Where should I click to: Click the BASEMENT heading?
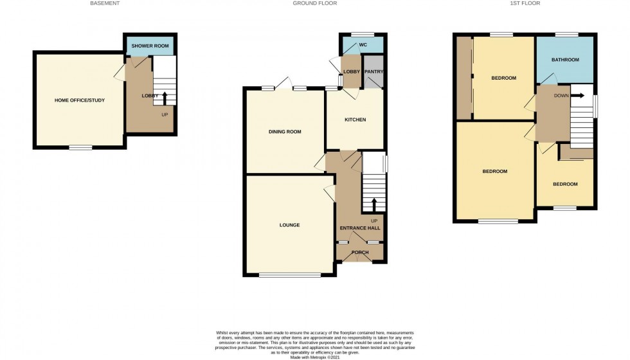105,3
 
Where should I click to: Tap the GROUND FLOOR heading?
314,3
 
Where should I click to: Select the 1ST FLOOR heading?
525,3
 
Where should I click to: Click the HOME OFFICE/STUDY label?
80,100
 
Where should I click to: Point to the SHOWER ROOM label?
150,46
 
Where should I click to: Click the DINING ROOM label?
285,131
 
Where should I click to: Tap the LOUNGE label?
290,225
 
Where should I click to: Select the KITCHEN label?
355,120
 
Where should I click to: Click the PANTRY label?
373,71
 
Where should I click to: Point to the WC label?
363,44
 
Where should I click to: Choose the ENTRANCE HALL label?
360,228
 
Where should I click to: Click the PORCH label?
360,252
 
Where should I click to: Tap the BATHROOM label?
565,59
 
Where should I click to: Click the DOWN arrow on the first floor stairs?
577,96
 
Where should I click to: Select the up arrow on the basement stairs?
164,98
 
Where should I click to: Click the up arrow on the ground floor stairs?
373,205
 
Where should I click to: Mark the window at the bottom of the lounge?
290,275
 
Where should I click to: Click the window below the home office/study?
80,147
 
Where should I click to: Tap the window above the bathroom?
567,35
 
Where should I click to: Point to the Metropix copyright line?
315,357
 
